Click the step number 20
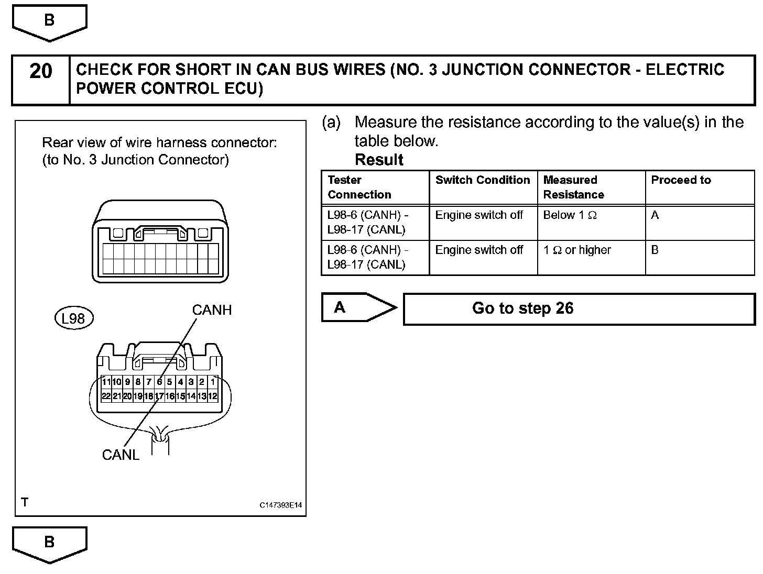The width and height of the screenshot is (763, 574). [41, 71]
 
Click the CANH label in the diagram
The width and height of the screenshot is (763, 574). [212, 310]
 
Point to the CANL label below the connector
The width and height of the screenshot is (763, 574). [121, 455]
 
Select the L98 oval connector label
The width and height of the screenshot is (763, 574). [73, 318]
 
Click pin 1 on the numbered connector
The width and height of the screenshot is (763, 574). [213, 382]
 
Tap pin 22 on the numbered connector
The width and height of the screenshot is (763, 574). [106, 396]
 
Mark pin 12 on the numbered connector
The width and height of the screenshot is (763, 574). [212, 396]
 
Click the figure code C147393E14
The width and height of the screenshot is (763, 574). [281, 505]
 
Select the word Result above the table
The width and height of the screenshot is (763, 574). [379, 160]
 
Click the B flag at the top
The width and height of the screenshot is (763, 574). [49, 20]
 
